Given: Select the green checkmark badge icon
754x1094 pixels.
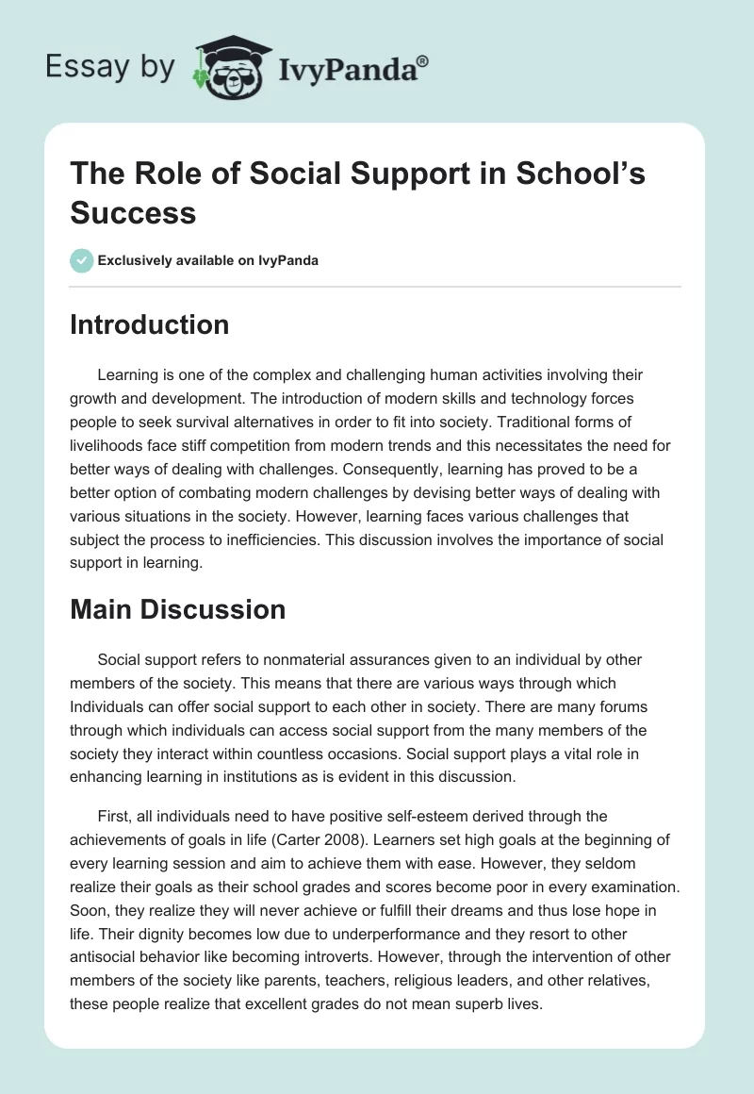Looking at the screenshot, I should pyautogui.click(x=82, y=260).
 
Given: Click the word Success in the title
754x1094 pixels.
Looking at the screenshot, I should pyautogui.click(x=133, y=212).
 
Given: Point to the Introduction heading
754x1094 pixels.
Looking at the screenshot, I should pyautogui.click(x=150, y=324).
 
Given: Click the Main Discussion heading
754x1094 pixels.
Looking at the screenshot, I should pyautogui.click(x=178, y=609).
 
